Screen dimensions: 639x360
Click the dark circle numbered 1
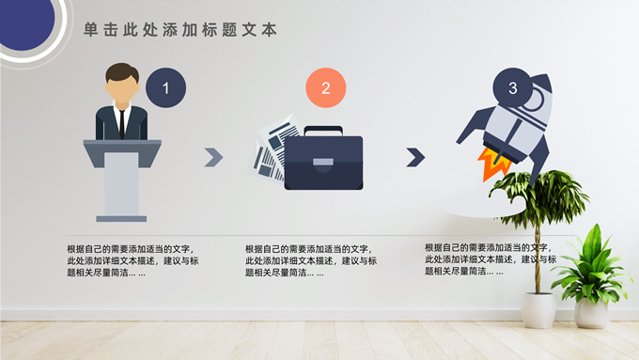pos(166,87)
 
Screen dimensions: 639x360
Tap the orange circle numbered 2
pos(326,87)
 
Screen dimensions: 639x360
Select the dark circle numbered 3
pos(513,87)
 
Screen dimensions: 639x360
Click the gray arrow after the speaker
pos(213,157)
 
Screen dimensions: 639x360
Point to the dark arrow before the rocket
pos(415,157)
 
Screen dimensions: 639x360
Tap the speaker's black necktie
pos(122,123)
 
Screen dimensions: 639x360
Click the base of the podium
pos(121,219)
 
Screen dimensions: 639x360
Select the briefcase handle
pos(323,131)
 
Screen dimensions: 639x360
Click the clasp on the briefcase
pos(323,163)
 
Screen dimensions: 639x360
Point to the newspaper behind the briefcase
pos(271,149)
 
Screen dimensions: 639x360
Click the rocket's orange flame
pos(494,164)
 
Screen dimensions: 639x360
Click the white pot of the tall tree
pos(538,310)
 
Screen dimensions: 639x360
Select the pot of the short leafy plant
pos(591,313)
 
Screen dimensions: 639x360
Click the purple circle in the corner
pos(25,23)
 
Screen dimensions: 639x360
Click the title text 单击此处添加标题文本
pos(180,30)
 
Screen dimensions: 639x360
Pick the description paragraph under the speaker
pos(132,261)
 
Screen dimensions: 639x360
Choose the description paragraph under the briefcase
pos(311,261)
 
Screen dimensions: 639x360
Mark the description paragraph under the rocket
pos(491,259)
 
